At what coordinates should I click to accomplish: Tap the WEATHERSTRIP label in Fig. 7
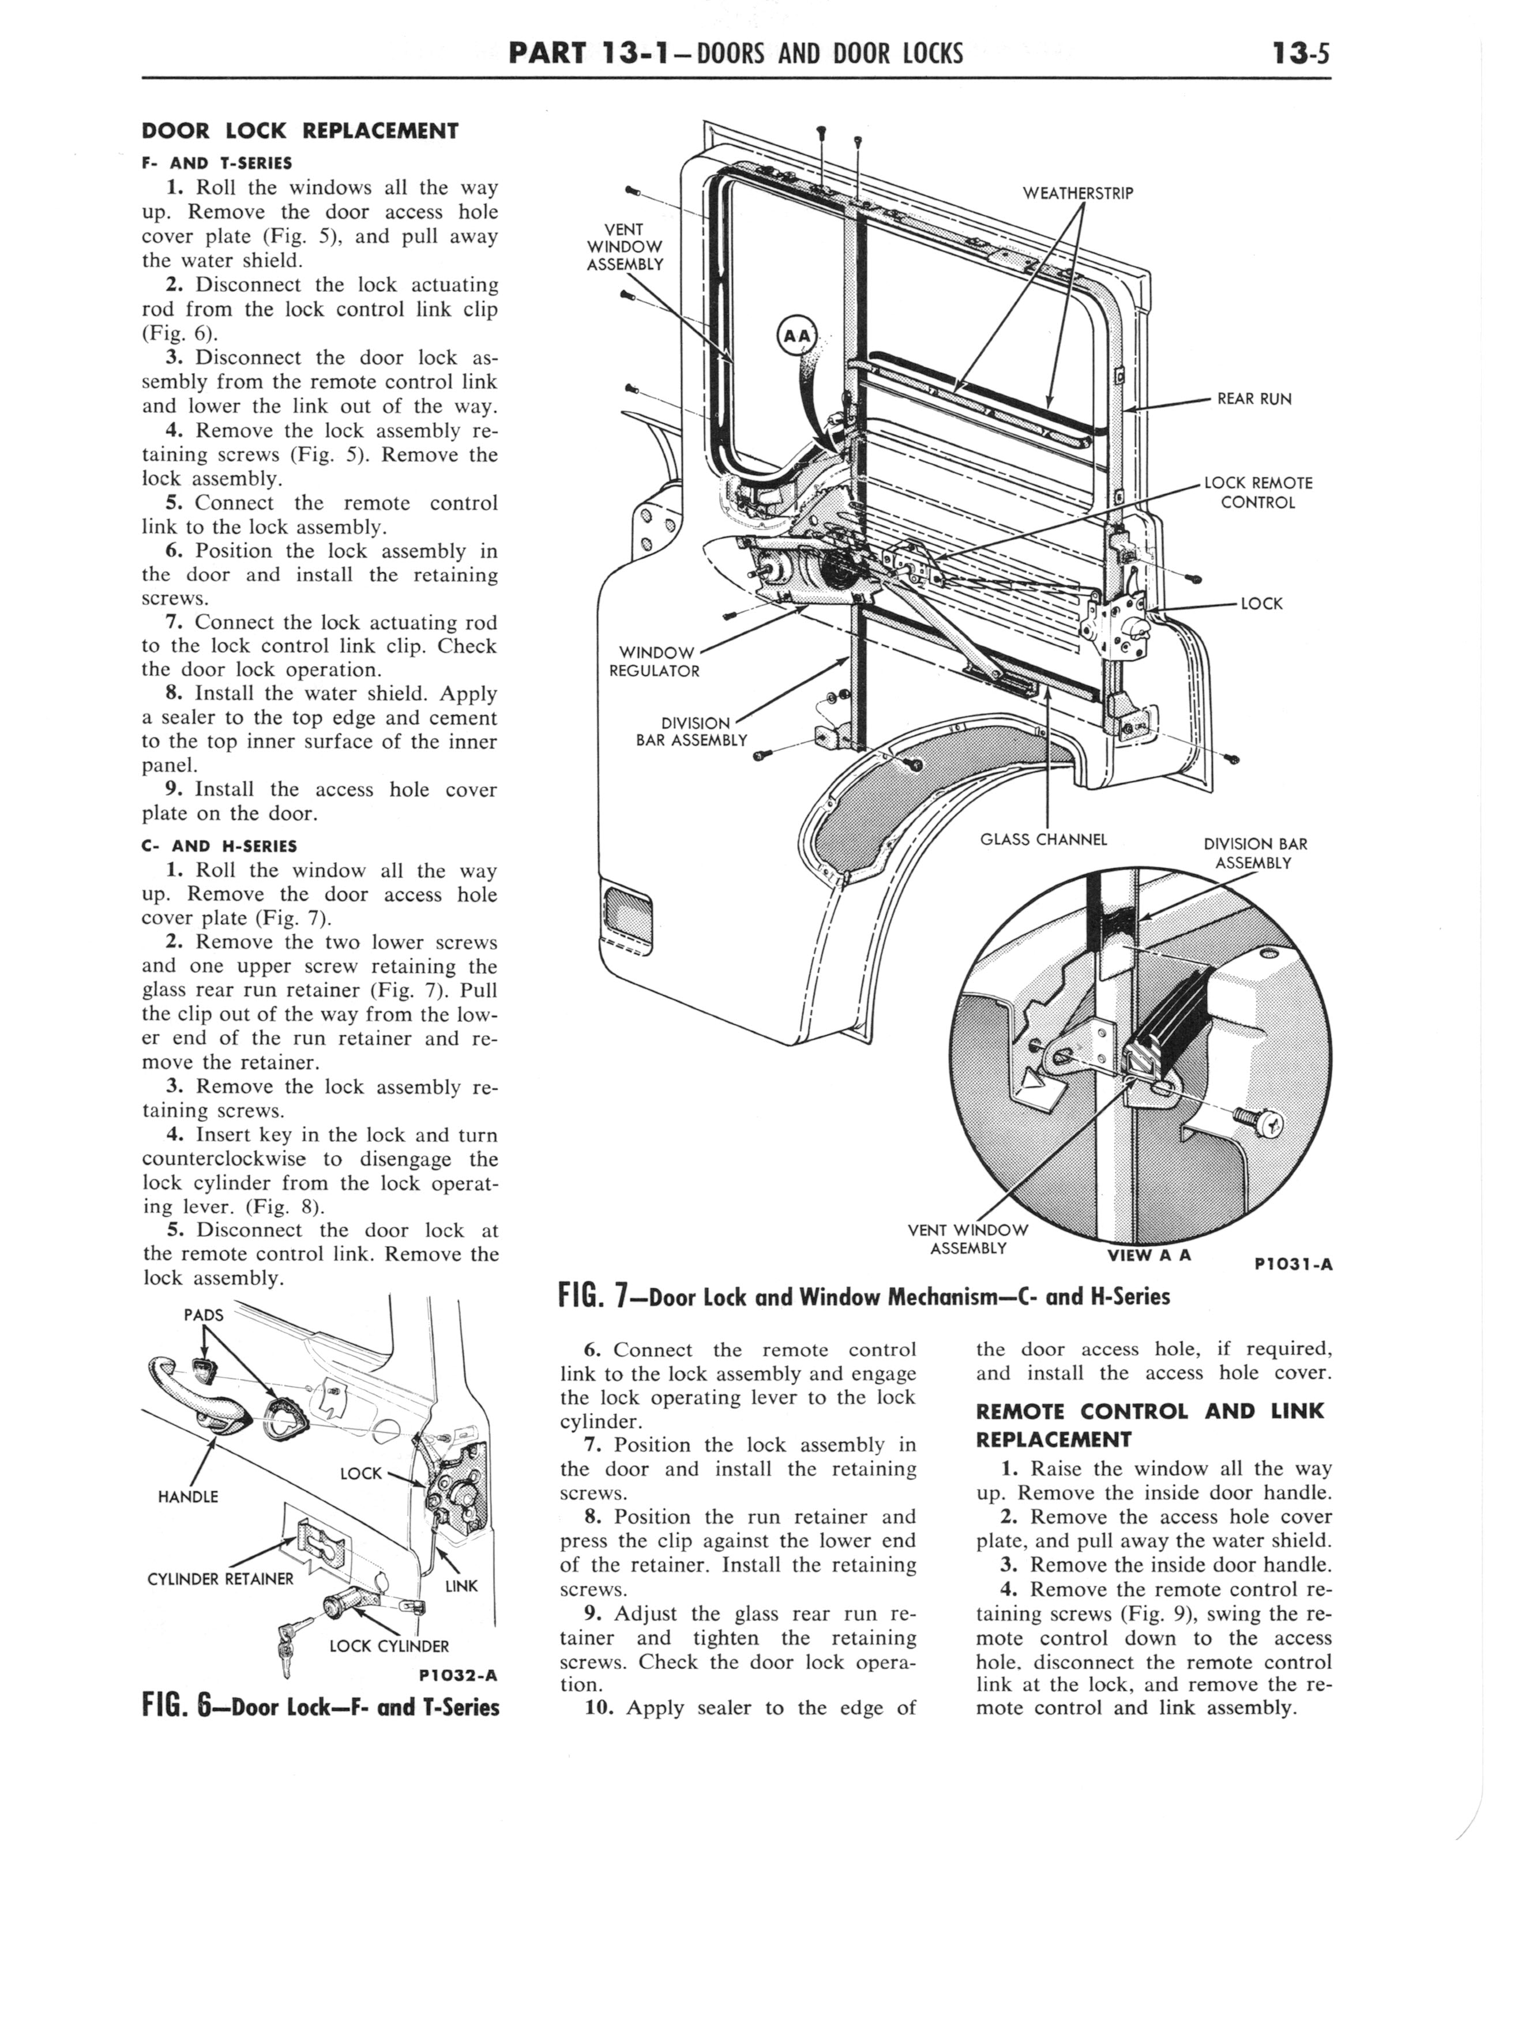click(x=1078, y=193)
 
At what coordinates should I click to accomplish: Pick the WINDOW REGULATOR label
click(x=653, y=661)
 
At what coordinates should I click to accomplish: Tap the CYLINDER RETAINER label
click(x=220, y=1579)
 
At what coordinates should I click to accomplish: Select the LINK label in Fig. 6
click(x=461, y=1586)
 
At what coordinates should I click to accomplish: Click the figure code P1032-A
click(x=457, y=1674)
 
